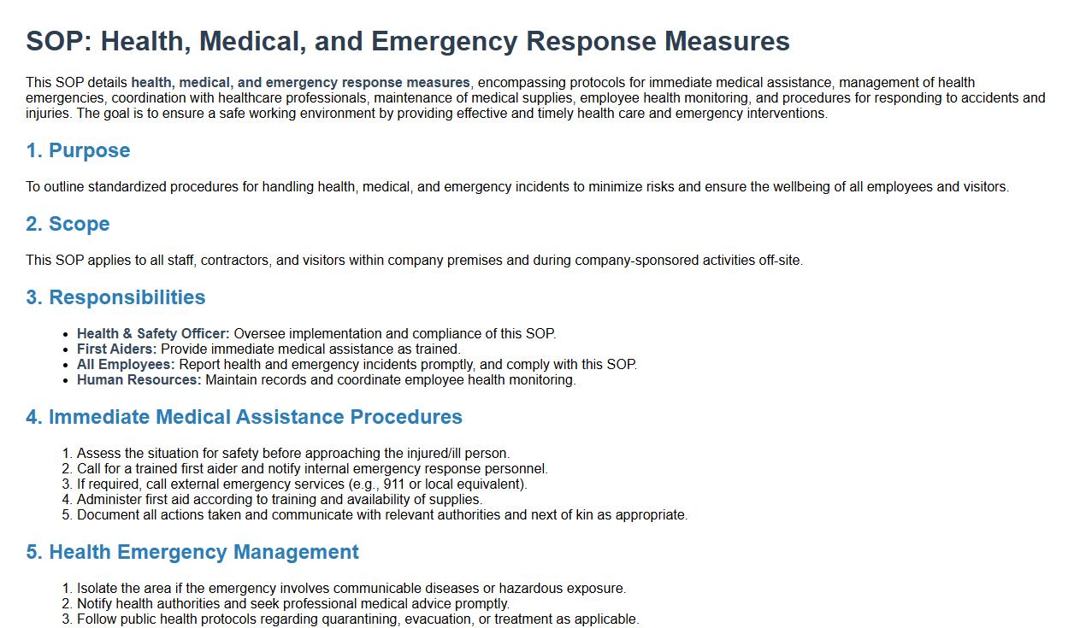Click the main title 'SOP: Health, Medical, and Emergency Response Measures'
[407, 41]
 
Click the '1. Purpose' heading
[78, 150]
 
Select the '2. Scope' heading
[68, 224]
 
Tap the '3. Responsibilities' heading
[115, 297]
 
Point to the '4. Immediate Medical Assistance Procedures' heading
[244, 417]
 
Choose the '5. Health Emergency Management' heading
[192, 552]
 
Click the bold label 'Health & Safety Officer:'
[153, 334]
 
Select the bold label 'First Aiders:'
[116, 349]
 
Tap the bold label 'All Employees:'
[126, 365]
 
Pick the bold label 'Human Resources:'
[139, 380]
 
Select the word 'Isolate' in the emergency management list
[98, 589]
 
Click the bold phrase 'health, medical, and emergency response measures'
[300, 83]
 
